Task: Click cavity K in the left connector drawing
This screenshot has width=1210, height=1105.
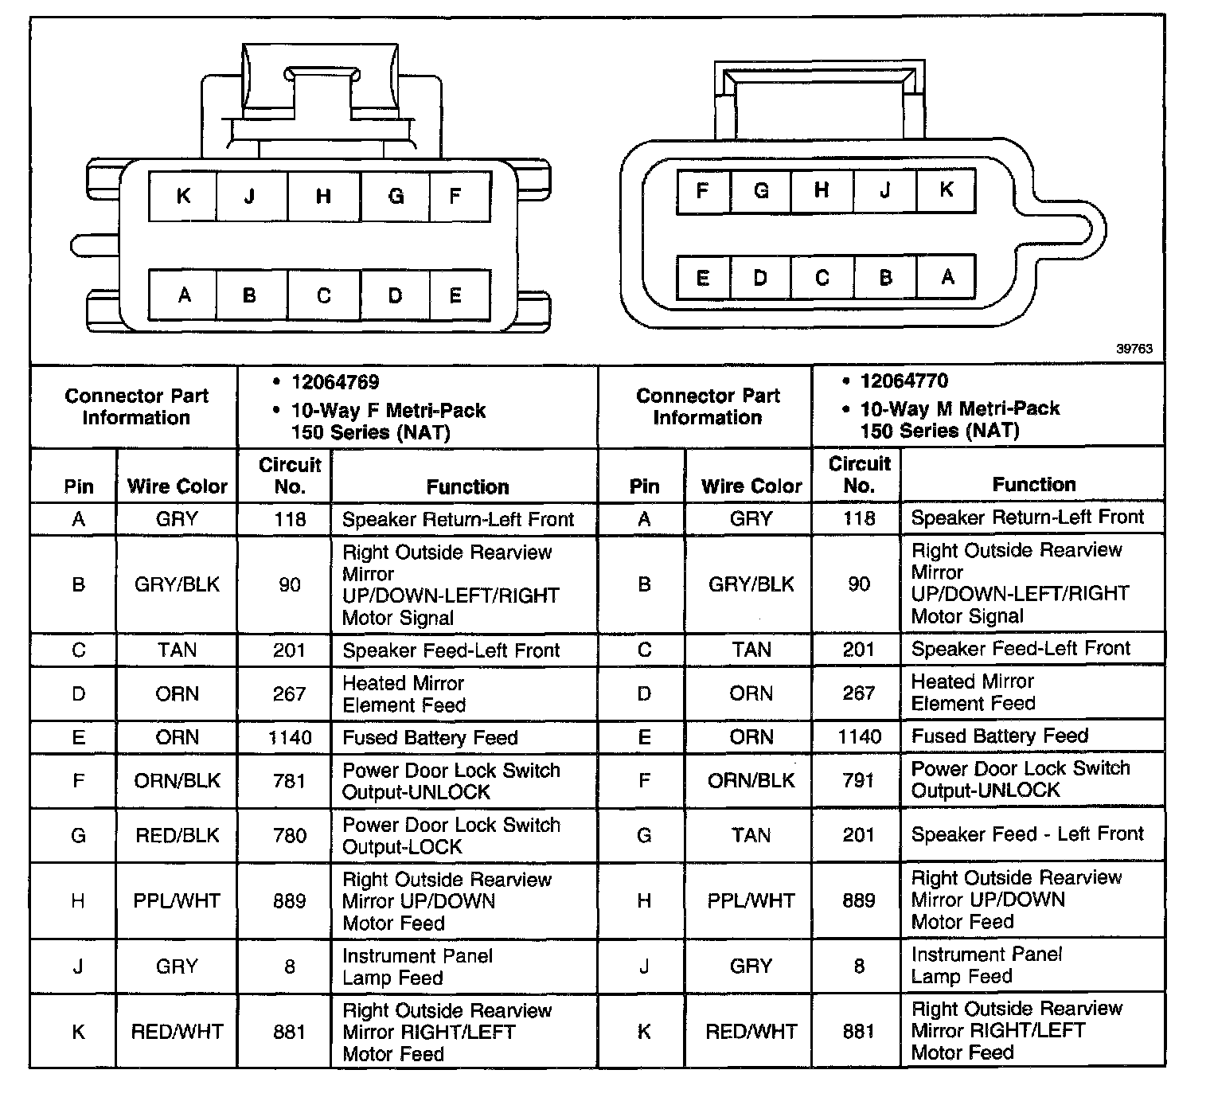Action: (183, 196)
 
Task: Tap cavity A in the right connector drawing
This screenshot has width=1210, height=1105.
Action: (947, 277)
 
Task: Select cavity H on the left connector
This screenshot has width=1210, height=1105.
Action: (323, 196)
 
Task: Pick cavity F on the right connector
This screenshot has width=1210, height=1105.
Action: (702, 191)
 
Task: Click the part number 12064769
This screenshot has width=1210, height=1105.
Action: (335, 382)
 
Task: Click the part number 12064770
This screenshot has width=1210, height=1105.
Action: (904, 381)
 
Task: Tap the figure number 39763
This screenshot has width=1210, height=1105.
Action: (1134, 349)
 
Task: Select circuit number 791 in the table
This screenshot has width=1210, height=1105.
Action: (859, 780)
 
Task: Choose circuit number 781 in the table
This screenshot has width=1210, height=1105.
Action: (289, 781)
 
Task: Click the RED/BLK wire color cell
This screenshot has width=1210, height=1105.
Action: (177, 835)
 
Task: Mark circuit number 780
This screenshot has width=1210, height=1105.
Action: (289, 835)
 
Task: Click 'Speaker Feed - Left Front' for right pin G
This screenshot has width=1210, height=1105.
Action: (1027, 834)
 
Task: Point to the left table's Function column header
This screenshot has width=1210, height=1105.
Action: (467, 486)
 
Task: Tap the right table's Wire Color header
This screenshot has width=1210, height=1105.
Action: (751, 486)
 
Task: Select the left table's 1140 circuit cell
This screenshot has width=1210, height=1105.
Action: (289, 737)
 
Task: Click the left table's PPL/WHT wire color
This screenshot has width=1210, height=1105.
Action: (177, 900)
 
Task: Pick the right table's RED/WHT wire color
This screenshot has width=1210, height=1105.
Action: (751, 1031)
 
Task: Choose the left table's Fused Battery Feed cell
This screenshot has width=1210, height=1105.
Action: (430, 737)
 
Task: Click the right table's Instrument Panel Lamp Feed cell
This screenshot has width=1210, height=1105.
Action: (986, 965)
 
